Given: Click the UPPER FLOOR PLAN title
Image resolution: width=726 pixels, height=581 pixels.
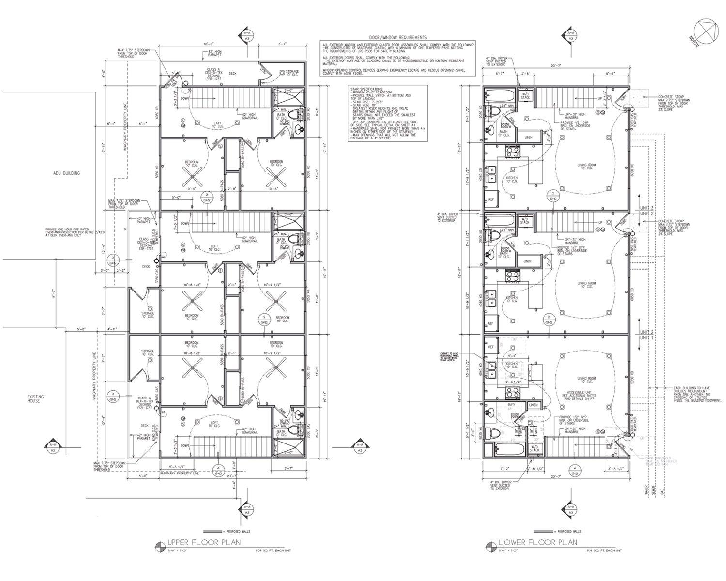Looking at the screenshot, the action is click(x=203, y=542).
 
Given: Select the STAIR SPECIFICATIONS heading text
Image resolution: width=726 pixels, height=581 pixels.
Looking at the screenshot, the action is click(x=368, y=90).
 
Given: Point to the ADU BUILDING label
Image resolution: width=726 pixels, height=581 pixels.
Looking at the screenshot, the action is click(x=67, y=173).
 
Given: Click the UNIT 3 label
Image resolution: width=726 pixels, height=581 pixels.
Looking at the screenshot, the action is click(x=647, y=207).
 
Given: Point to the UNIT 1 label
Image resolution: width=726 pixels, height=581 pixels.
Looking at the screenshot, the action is click(x=647, y=337).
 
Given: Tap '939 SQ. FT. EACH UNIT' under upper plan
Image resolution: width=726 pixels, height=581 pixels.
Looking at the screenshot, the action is click(x=274, y=550).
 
